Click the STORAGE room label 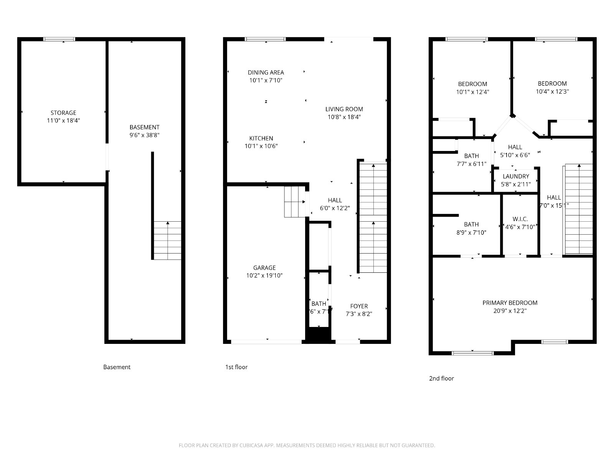coord(63,113)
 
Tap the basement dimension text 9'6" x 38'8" coord(144,135)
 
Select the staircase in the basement coord(167,240)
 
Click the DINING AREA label coord(266,72)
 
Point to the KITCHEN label coord(261,138)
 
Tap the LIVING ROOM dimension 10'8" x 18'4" coord(344,117)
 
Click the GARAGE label coord(264,268)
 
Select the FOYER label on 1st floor coord(359,306)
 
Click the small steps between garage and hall coord(294,202)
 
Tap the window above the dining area coord(265,39)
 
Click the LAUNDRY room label coord(516,176)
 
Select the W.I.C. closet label coord(520,219)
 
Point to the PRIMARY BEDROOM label coord(510,303)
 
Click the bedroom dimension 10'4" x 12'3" coord(552,92)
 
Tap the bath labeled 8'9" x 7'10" coord(471,224)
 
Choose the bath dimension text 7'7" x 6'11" coord(471,164)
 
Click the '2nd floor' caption coord(441,378)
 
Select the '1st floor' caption coord(236,367)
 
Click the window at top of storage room coord(59,39)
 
